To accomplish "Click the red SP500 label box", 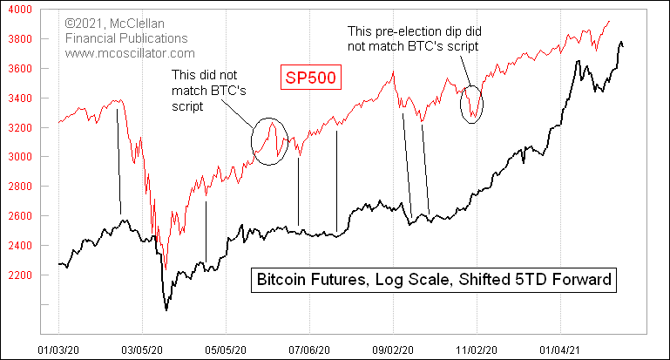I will point(309,78).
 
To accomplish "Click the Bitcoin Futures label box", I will point(434,280).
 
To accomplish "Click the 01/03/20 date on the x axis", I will point(58,349).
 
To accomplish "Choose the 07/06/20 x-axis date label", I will point(309,349).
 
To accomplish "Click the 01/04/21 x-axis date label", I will point(559,349).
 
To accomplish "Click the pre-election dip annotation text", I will point(413,37).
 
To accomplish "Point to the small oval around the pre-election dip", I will point(472,105).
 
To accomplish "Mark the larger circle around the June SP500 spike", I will point(269,140).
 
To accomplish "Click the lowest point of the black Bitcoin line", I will point(166,309).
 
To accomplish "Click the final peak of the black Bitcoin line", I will point(620,41).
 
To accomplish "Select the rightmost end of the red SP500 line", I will point(609,21).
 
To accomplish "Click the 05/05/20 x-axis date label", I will point(226,349).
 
